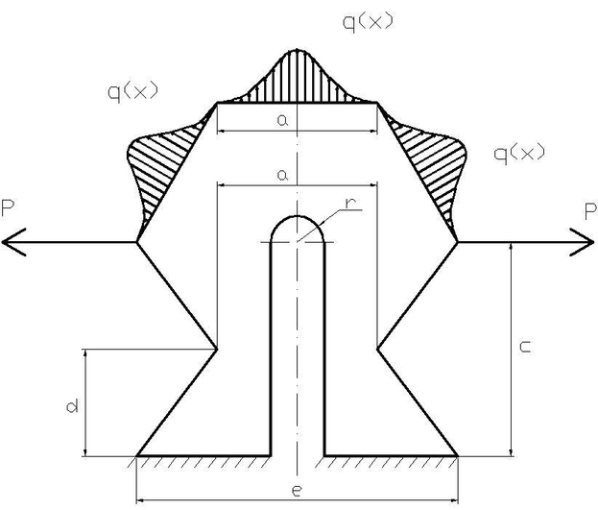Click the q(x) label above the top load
click(368, 22)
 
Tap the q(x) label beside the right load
click(519, 154)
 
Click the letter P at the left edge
click(8, 208)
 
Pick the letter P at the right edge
click(590, 211)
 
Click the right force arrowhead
click(582, 242)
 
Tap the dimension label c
click(526, 347)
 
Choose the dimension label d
click(72, 405)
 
